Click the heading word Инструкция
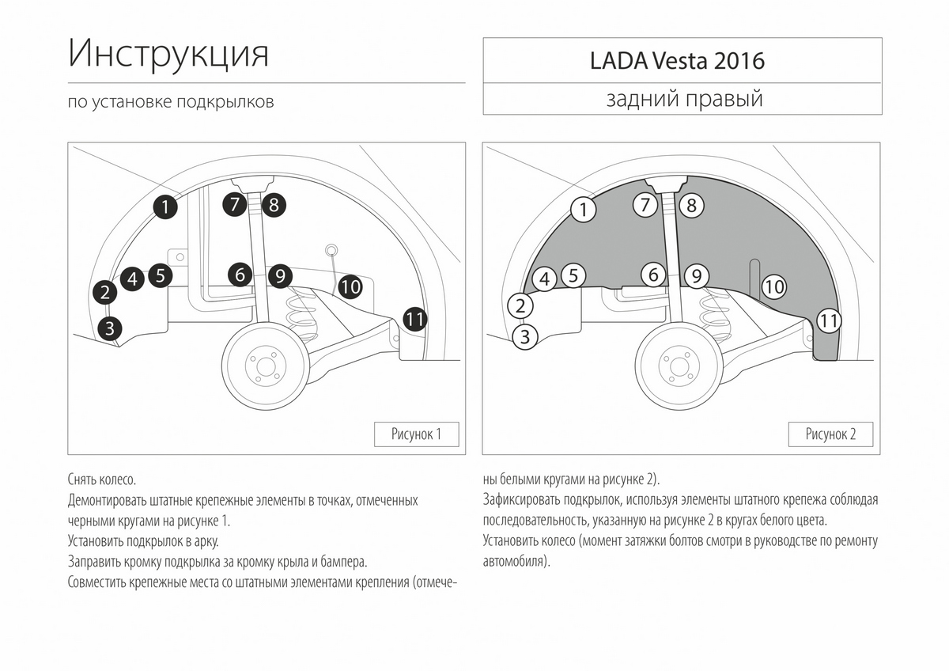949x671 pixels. point(168,54)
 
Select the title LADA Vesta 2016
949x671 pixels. point(677,61)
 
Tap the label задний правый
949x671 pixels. point(684,100)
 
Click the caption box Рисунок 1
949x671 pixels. point(416,434)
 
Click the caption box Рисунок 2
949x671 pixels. point(830,434)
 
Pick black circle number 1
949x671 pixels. point(164,207)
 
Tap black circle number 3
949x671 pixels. point(110,327)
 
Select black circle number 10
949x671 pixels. point(350,286)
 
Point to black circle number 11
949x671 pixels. point(415,319)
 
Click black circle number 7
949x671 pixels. point(235,205)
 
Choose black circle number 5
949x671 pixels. point(160,275)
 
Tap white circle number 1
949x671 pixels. point(582,210)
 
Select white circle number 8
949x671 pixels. point(690,206)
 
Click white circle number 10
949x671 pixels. point(774,286)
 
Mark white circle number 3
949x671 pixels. point(524,337)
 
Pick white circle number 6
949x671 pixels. point(654,275)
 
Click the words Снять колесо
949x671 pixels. point(102,480)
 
